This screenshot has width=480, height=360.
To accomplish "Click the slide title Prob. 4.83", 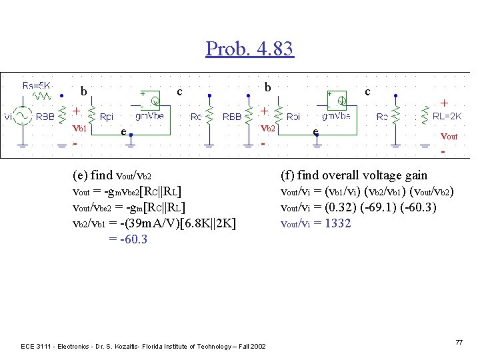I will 249,49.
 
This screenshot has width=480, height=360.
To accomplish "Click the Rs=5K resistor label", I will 37,85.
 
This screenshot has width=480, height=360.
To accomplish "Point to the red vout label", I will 449,136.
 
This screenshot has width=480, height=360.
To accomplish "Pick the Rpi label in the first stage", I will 106,117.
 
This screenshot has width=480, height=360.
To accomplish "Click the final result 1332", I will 338,223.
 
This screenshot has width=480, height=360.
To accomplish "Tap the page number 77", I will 458,342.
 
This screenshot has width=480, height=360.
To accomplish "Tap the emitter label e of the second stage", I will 315,133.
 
